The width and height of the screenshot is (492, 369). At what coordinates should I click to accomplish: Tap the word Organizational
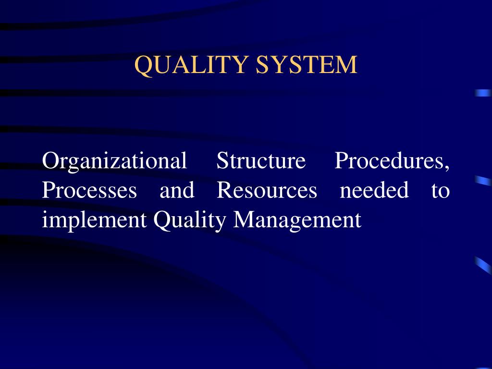pyautogui.click(x=114, y=161)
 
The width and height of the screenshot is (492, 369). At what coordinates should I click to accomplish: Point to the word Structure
pyautogui.click(x=261, y=160)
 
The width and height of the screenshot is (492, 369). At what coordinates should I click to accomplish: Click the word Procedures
pyautogui.click(x=390, y=160)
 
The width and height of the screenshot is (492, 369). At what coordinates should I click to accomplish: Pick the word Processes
pyautogui.click(x=89, y=190)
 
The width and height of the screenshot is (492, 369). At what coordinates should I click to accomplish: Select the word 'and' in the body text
pyautogui.click(x=177, y=190)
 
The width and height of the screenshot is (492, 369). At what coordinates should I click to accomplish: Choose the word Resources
pyautogui.click(x=267, y=190)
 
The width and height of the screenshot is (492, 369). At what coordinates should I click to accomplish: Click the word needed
pyautogui.click(x=374, y=190)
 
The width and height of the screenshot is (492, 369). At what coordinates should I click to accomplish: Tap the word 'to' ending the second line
pyautogui.click(x=440, y=191)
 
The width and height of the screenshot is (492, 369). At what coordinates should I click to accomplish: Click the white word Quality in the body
pyautogui.click(x=189, y=221)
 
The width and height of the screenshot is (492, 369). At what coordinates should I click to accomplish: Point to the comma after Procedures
pyautogui.click(x=447, y=167)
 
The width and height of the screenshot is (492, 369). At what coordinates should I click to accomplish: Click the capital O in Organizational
pyautogui.click(x=50, y=160)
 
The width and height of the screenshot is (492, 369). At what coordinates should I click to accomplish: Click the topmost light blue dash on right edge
pyautogui.click(x=483, y=93)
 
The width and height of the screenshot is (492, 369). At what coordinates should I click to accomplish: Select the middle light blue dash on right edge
pyautogui.click(x=483, y=181)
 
